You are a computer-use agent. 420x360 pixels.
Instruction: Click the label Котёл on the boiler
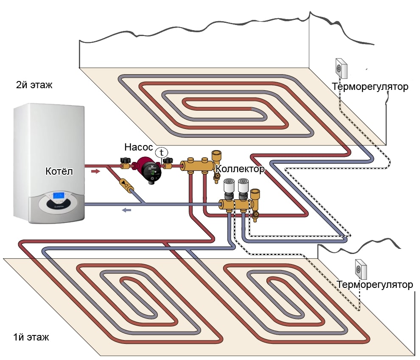coord(59,171)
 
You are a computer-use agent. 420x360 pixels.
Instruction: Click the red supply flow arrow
coord(96,171)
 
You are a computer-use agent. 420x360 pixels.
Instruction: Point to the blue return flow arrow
coord(127,209)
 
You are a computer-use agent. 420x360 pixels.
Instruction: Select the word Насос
coord(138,147)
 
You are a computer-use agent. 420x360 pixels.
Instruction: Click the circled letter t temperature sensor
coord(161,152)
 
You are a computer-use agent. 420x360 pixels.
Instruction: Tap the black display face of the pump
coord(151,170)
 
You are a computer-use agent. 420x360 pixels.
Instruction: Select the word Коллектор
coord(240,169)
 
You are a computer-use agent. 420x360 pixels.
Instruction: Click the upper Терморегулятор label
coord(370,87)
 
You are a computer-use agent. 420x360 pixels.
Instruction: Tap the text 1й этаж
coord(31,338)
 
